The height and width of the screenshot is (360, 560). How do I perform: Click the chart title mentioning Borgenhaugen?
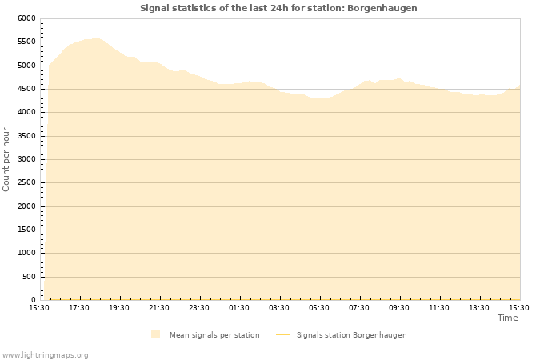tap(278, 8)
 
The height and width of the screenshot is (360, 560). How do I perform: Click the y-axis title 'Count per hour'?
tap(6, 159)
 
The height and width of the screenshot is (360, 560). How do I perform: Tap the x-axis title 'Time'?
tap(507, 318)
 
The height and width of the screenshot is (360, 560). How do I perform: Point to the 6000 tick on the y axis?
tap(26, 18)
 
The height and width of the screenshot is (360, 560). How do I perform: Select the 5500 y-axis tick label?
tap(26, 42)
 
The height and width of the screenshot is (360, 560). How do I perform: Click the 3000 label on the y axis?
tap(26, 159)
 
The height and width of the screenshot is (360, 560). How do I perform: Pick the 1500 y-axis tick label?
tap(26, 230)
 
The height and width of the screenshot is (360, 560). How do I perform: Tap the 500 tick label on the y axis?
tap(29, 277)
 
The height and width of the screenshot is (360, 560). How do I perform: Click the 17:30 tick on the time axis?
tap(79, 308)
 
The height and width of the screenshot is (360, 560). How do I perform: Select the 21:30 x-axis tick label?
tap(159, 308)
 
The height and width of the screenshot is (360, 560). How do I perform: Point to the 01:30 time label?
tap(239, 308)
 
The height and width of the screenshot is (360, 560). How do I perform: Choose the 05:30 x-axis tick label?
tap(319, 308)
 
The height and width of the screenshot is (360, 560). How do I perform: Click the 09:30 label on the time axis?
tap(399, 308)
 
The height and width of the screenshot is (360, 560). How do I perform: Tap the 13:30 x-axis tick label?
tap(479, 308)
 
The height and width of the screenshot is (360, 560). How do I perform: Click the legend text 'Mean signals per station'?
tap(214, 335)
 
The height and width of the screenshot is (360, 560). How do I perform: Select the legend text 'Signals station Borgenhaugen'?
tap(351, 335)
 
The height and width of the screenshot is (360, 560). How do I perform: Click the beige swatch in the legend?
tap(155, 334)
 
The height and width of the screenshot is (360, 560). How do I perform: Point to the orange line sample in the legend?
tap(282, 335)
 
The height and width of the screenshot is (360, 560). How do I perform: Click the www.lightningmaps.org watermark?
tap(46, 354)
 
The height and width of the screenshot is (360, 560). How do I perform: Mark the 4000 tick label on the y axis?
tap(26, 112)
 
